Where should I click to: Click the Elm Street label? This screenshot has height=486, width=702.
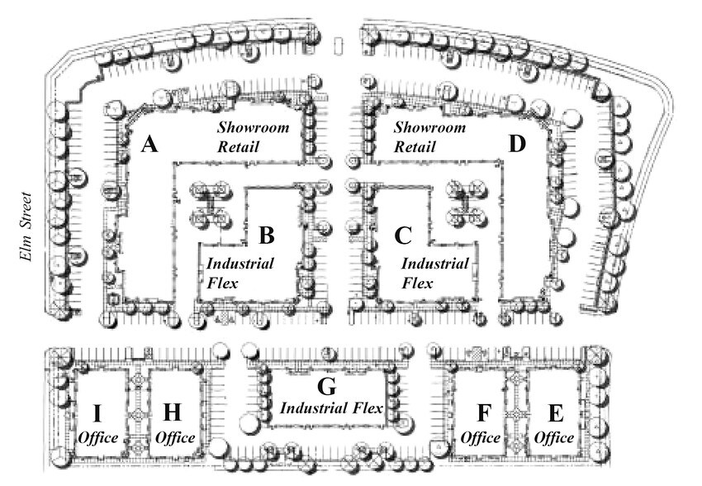(26, 226)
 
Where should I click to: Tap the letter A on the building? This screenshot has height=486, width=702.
(149, 145)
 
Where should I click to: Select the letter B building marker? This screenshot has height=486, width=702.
(267, 236)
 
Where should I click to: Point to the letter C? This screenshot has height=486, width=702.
(403, 236)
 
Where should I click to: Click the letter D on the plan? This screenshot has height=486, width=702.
(517, 145)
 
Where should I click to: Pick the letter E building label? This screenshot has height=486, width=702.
(556, 413)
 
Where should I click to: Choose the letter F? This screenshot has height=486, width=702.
(484, 413)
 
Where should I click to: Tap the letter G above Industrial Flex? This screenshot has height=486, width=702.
(326, 387)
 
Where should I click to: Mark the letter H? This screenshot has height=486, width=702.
(173, 412)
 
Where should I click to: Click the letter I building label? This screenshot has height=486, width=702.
(97, 413)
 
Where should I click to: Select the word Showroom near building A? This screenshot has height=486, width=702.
(254, 127)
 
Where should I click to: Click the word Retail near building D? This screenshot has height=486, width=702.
(415, 146)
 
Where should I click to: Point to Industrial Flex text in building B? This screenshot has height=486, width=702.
(240, 274)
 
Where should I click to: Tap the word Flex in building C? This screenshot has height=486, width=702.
(417, 283)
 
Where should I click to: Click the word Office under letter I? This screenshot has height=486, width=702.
(98, 437)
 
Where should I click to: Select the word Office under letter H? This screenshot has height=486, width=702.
(174, 437)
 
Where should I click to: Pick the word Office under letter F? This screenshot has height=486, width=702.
(481, 437)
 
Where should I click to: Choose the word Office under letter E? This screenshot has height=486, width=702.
(554, 437)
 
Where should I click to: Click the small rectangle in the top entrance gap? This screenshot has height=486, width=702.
(339, 46)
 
